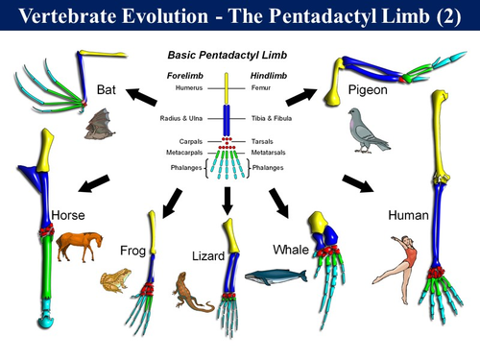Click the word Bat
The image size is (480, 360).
click(x=107, y=89)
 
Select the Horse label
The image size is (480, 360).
click(x=70, y=216)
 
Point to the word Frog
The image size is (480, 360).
click(x=132, y=251)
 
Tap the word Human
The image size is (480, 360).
click(x=407, y=215)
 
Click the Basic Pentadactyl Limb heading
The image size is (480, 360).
click(x=228, y=56)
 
